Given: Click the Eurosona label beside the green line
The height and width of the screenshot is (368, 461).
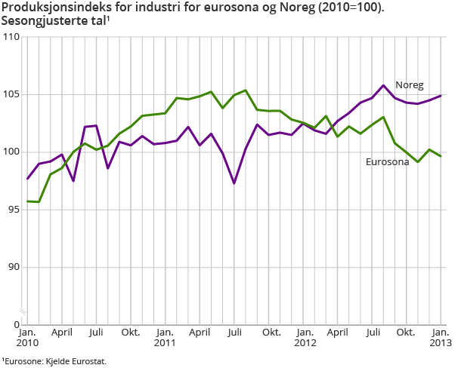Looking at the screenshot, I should click(387, 161).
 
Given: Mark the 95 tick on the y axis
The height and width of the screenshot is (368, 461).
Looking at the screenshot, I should click(13, 210).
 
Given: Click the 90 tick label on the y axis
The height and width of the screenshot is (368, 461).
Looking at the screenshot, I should click(13, 267).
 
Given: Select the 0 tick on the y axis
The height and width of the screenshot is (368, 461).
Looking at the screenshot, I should click(16, 324).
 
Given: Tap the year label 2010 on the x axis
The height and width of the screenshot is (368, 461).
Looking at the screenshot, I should click(27, 344).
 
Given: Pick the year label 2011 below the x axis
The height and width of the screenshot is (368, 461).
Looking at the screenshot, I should click(165, 344).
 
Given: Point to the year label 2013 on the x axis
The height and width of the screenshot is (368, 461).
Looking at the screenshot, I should click(441, 344).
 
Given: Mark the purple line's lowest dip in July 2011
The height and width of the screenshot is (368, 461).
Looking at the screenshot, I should click(234, 183).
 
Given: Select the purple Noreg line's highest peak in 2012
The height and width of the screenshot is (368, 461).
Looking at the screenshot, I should click(384, 85).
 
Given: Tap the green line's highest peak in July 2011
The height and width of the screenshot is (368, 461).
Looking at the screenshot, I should click(246, 90).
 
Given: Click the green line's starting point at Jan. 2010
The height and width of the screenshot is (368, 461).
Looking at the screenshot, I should click(27, 201).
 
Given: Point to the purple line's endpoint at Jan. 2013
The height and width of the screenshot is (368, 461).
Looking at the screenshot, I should click(441, 96).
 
